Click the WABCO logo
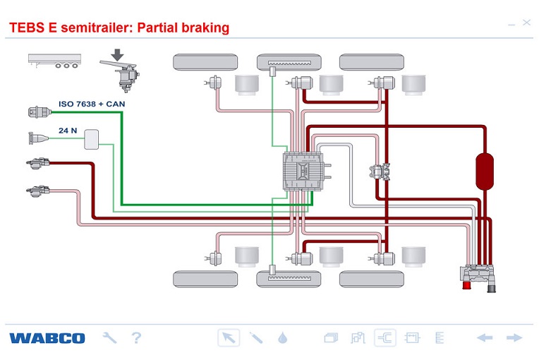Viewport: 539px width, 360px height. pos(47,338)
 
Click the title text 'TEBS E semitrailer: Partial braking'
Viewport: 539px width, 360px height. pos(119,28)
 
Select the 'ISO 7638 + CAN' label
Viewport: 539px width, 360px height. pos(91,104)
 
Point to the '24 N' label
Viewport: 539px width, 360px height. pos(68,130)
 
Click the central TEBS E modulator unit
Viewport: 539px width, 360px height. pos(303,170)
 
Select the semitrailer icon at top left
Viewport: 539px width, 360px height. pos(53,61)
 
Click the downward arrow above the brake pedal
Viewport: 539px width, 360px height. pos(117,54)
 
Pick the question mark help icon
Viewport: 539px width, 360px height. pos(137,338)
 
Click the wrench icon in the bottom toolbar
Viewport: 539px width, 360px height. pos(109,338)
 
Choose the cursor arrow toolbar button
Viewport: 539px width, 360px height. pos(228,338)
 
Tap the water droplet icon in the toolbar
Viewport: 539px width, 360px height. pos(283,338)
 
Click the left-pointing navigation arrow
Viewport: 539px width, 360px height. pos(485,338)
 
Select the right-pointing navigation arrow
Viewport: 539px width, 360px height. pos(514,338)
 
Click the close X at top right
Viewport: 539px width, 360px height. pos(526,23)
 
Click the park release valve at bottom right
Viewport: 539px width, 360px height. pos(479,276)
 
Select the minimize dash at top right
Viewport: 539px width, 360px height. pos(511,24)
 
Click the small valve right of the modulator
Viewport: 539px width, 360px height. pos(380,171)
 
